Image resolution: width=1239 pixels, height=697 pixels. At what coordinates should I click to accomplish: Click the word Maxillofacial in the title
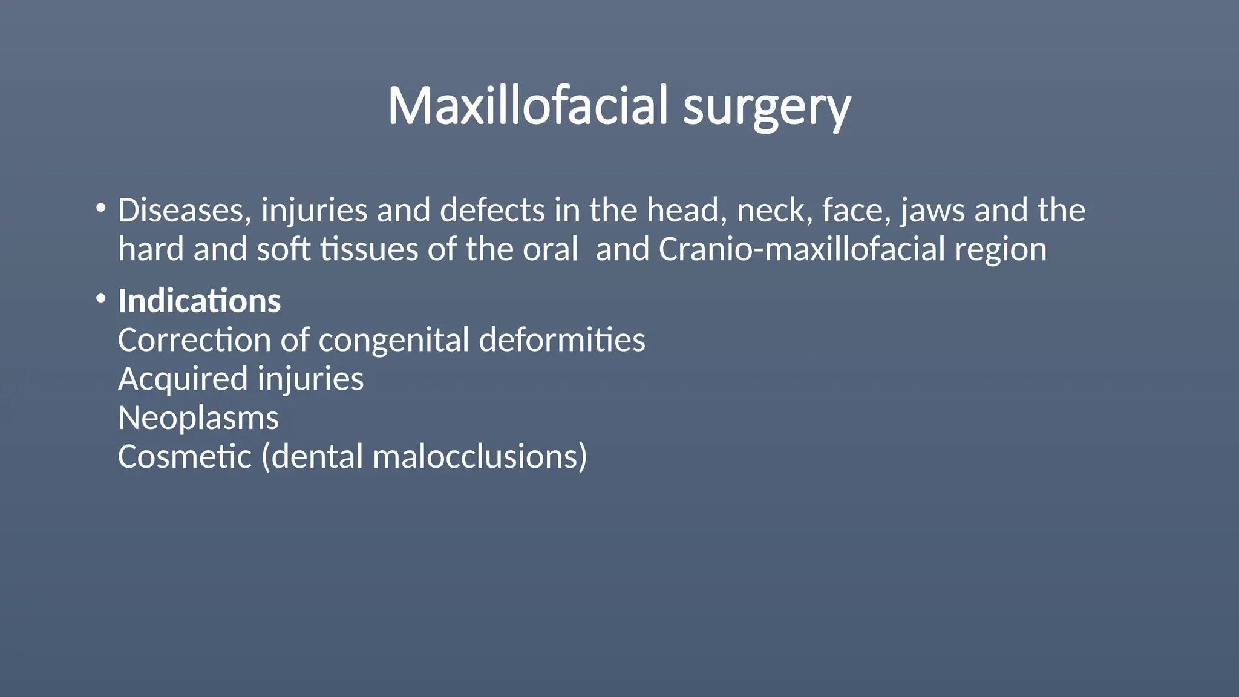click(x=528, y=106)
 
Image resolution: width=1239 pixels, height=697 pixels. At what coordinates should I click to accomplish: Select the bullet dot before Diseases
click(x=101, y=209)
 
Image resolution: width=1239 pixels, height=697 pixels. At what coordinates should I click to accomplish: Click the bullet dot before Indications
click(x=101, y=299)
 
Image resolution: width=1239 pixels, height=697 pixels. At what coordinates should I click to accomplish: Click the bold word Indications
click(x=200, y=301)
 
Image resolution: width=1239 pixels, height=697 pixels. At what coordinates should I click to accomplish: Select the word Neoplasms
click(x=198, y=418)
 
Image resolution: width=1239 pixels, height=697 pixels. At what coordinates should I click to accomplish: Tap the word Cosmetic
click(x=185, y=457)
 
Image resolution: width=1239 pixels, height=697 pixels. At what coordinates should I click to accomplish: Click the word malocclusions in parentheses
click(x=480, y=457)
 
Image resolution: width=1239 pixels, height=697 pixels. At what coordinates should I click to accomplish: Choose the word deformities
click(x=562, y=340)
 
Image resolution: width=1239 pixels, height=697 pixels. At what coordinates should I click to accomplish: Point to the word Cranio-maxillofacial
click(x=802, y=249)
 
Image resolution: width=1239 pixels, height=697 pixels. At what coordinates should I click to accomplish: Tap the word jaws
click(x=932, y=211)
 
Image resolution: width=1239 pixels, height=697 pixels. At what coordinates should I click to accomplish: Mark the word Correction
click(x=194, y=340)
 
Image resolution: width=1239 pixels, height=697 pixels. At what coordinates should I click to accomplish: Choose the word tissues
click(x=369, y=249)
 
